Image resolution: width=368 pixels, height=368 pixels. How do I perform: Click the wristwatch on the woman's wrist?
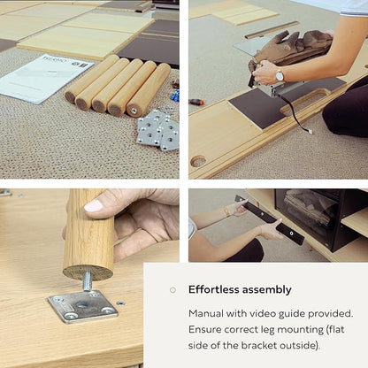[x=280, y=76]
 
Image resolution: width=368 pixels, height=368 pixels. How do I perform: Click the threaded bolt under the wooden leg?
[x=87, y=281]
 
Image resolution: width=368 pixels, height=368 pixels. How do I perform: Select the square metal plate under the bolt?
[x=83, y=306]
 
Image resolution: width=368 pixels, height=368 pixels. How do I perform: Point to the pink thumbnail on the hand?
[x=94, y=205]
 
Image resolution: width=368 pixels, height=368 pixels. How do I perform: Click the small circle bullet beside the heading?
[x=172, y=290]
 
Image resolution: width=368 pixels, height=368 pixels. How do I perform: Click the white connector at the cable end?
[x=310, y=131]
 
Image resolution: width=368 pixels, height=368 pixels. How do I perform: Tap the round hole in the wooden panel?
[x=198, y=161]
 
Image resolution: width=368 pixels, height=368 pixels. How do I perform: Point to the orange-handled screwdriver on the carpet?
[x=196, y=103]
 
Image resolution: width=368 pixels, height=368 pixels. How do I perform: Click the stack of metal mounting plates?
[x=158, y=131]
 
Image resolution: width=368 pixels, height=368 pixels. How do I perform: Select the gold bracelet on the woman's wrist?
[x=227, y=211]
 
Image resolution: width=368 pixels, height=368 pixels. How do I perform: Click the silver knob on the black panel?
[x=291, y=234]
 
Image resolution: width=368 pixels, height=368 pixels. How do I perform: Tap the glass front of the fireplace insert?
[x=308, y=216]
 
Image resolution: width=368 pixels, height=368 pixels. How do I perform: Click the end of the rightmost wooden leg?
[x=134, y=111]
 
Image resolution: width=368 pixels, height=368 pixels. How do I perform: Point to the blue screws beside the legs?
[x=175, y=96]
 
